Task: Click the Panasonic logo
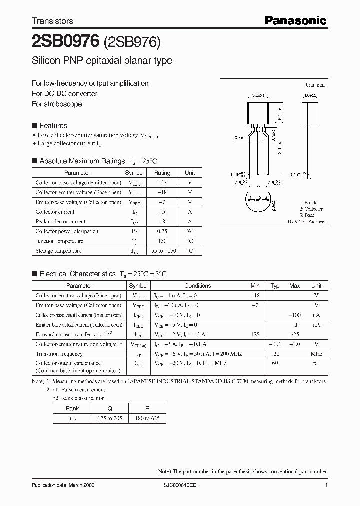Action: (295, 20)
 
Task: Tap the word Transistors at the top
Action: (52, 21)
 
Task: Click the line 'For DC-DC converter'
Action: (64, 94)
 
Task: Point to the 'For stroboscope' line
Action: (57, 104)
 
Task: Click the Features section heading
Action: (53, 126)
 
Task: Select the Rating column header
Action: (162, 173)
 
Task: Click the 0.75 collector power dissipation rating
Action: (162, 231)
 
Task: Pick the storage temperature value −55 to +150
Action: (162, 251)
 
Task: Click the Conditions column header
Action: (197, 286)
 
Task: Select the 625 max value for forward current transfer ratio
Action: (294, 334)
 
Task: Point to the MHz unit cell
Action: (316, 354)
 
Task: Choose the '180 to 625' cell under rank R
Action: (147, 418)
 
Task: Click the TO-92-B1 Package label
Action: (305, 221)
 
